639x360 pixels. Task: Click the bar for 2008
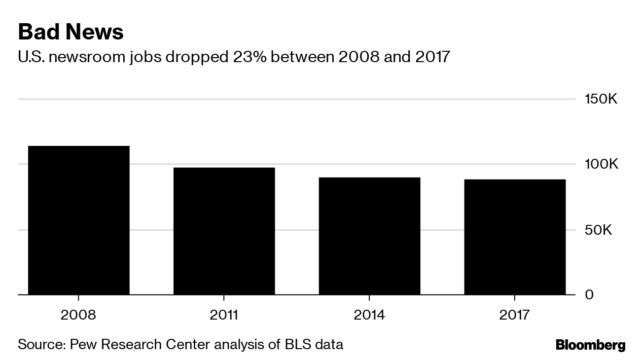[x=79, y=220]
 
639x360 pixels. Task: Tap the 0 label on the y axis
[x=589, y=295]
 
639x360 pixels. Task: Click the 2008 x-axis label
[x=79, y=315]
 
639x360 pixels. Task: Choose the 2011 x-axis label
[x=224, y=315]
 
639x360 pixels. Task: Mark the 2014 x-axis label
[x=369, y=315]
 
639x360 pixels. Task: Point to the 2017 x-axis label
[x=515, y=315]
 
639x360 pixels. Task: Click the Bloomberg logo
[x=590, y=345]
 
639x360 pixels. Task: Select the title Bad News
[x=71, y=32]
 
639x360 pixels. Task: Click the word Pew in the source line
[x=83, y=344]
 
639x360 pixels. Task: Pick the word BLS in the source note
[x=296, y=344]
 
